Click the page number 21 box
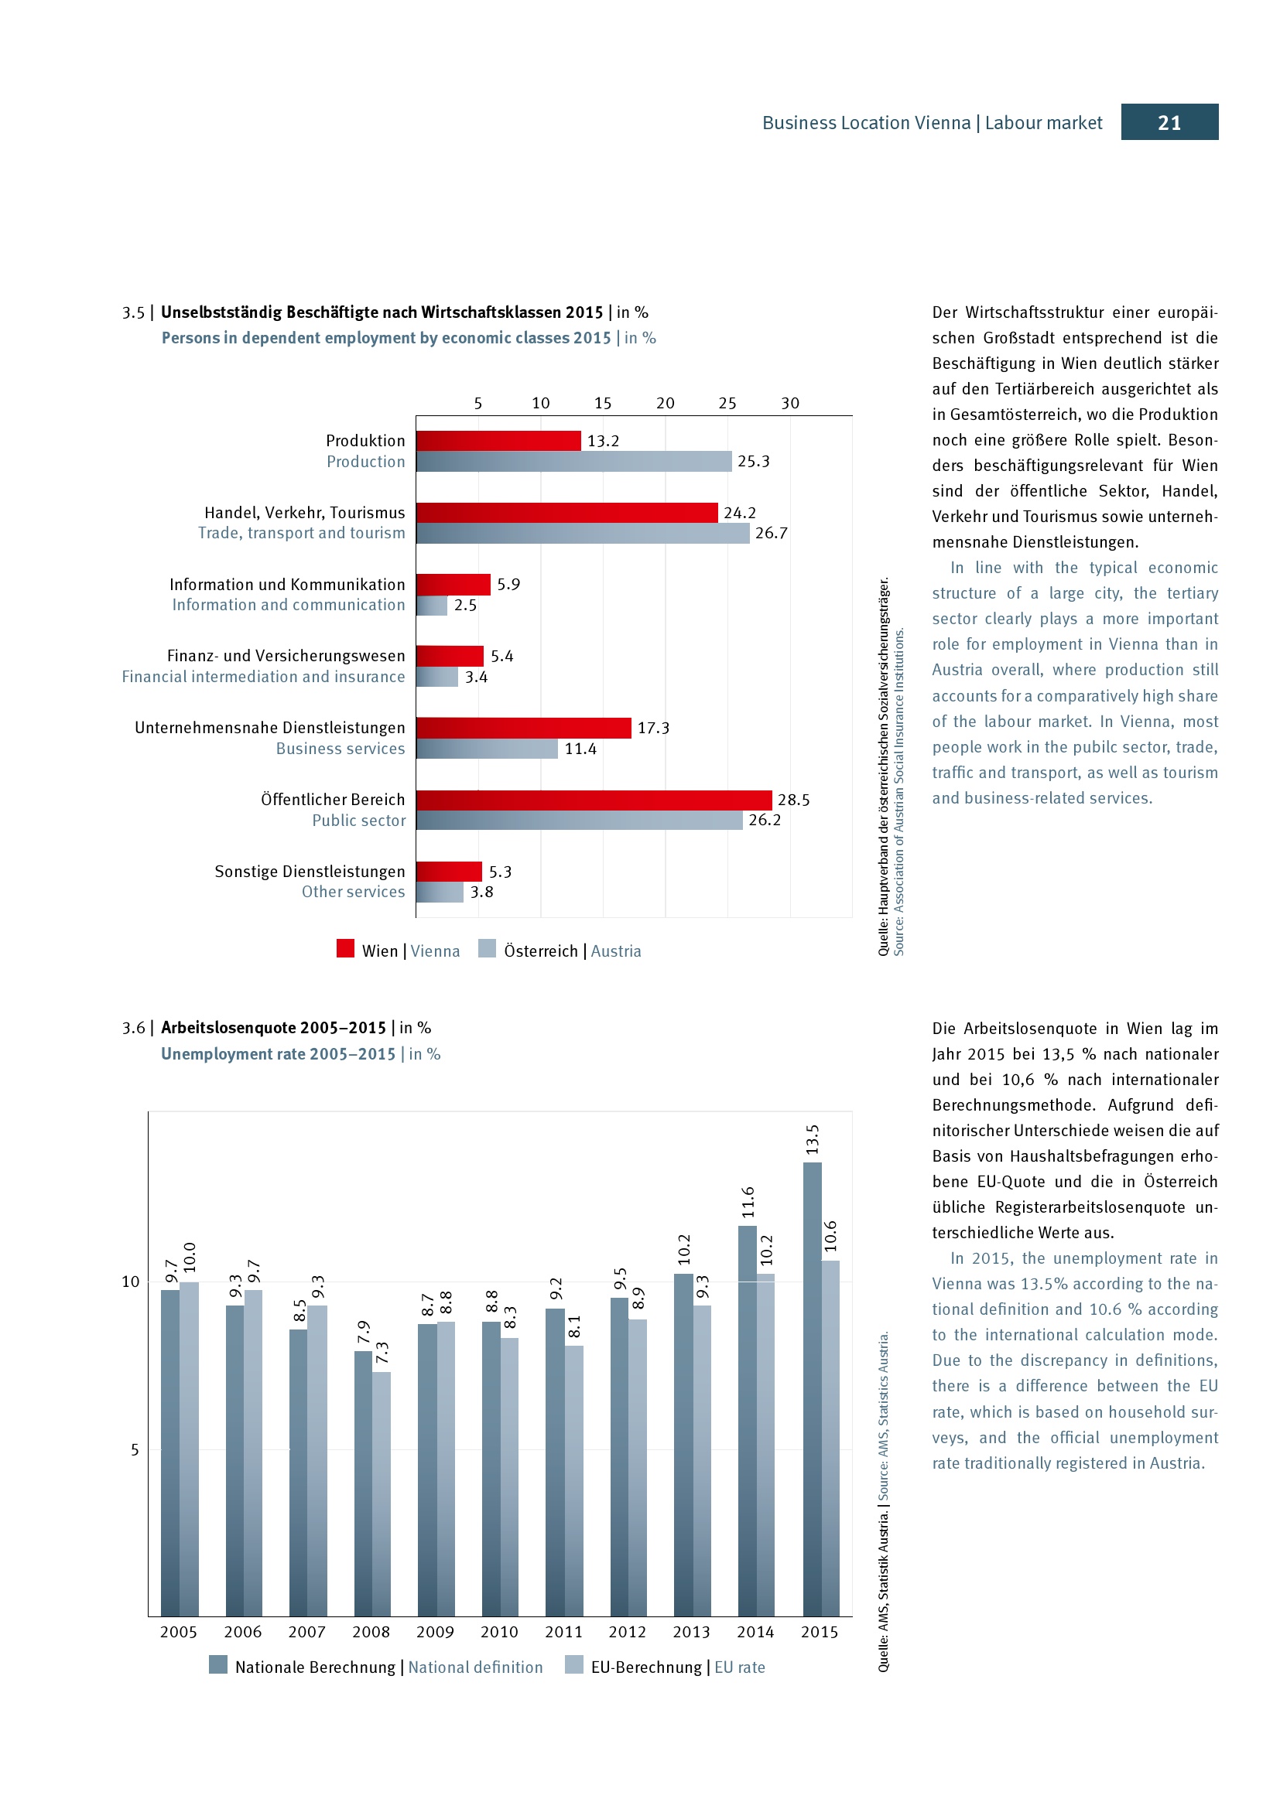coord(1169,122)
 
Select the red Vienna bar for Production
coord(498,440)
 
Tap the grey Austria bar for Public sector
coord(580,820)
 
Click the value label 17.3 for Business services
coord(652,728)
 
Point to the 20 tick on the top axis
coord(666,404)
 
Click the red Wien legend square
coord(345,948)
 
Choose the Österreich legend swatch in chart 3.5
coord(487,948)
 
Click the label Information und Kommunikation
coord(287,585)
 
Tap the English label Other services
coord(353,892)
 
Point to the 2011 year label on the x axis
coord(563,1632)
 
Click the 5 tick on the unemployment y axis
coord(135,1449)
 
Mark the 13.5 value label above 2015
coord(813,1140)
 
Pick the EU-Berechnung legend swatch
coord(573,1664)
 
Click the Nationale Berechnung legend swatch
coord(218,1664)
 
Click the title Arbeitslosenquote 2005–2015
coord(273,1027)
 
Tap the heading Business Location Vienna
coord(865,123)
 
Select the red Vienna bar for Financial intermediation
coord(450,656)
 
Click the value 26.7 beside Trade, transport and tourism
coord(771,534)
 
